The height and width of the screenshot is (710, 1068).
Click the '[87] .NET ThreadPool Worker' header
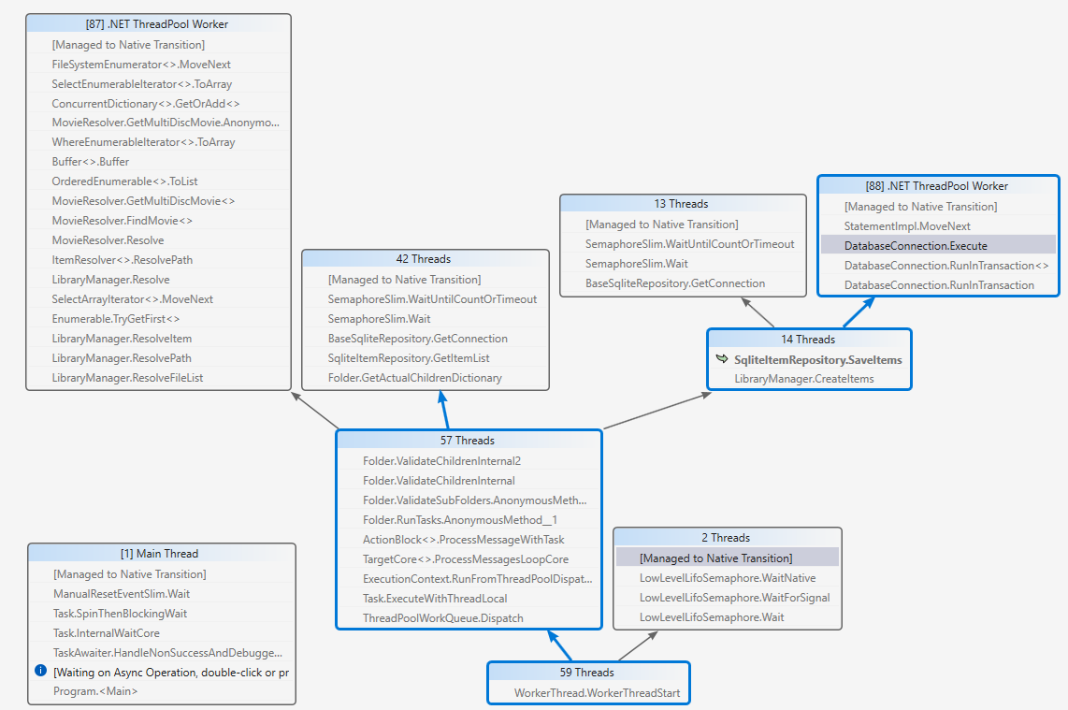tap(158, 24)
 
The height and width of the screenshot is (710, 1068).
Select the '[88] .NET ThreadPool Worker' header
tap(938, 186)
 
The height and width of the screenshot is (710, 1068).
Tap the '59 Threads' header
tap(587, 673)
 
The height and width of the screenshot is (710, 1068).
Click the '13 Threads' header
tap(682, 204)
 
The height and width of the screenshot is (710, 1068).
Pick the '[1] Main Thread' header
tap(160, 554)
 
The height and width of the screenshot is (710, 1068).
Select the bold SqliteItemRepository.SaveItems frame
tap(818, 359)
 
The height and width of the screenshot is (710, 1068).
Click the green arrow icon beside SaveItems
tap(722, 359)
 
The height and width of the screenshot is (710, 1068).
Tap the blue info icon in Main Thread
tap(40, 671)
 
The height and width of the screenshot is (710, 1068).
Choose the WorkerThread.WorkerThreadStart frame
tap(598, 693)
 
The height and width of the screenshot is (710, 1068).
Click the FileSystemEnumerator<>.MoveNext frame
tap(141, 65)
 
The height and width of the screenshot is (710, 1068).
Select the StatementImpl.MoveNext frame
tap(907, 226)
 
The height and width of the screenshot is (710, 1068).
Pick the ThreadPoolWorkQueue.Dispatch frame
tap(443, 617)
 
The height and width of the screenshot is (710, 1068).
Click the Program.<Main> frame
tap(95, 691)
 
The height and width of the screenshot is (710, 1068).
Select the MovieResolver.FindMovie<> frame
tap(122, 221)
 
